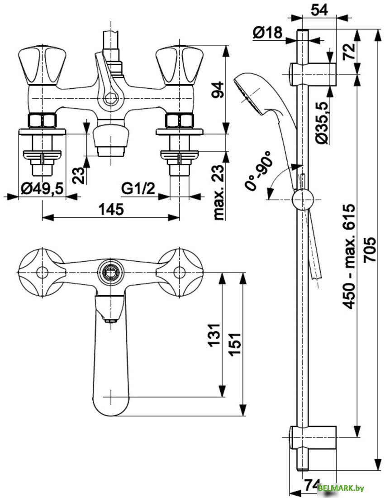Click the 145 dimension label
[111, 209]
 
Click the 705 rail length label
[370, 249]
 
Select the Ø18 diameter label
[267, 33]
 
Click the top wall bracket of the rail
[313, 73]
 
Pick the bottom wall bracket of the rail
[313, 437]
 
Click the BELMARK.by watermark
[341, 488]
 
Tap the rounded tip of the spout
[110, 403]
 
